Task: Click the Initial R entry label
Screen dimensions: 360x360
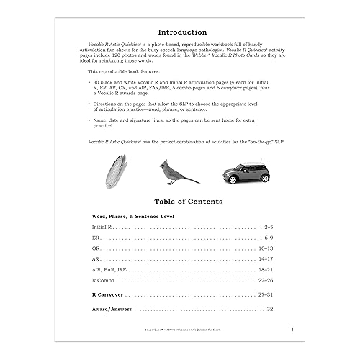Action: (x=102, y=227)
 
